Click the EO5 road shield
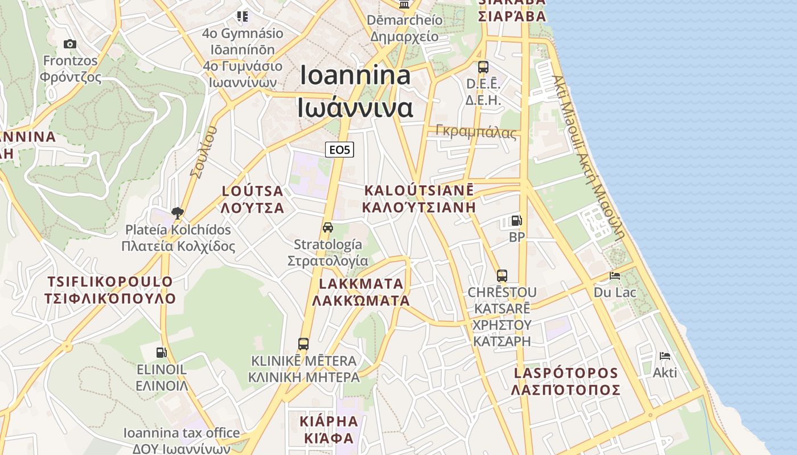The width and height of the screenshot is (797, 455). pos(340,150)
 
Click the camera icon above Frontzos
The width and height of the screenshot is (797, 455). pos(70,44)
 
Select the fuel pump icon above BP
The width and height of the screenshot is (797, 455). pos(516,221)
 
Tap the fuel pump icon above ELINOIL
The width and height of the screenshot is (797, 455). pos(162,353)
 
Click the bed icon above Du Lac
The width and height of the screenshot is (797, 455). pos(615,276)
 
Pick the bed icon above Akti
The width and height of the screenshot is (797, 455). pos(664,357)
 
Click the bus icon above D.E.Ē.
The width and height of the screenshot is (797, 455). pos(483,67)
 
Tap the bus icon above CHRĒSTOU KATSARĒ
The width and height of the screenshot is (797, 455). pos(502,276)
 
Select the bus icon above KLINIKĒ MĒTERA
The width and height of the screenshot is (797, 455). pos(303,344)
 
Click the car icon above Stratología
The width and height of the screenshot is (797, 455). pos(328,227)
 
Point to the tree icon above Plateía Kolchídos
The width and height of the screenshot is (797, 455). pos(178,213)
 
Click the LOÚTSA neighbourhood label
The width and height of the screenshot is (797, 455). pos(253,199)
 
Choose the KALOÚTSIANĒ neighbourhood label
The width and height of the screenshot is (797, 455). pos(419,198)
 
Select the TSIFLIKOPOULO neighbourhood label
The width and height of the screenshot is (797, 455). pos(110,290)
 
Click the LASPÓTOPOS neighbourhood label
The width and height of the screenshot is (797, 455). pos(566,381)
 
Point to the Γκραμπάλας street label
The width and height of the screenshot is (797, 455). pos(476,132)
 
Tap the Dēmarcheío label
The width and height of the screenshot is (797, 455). pos(405,28)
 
